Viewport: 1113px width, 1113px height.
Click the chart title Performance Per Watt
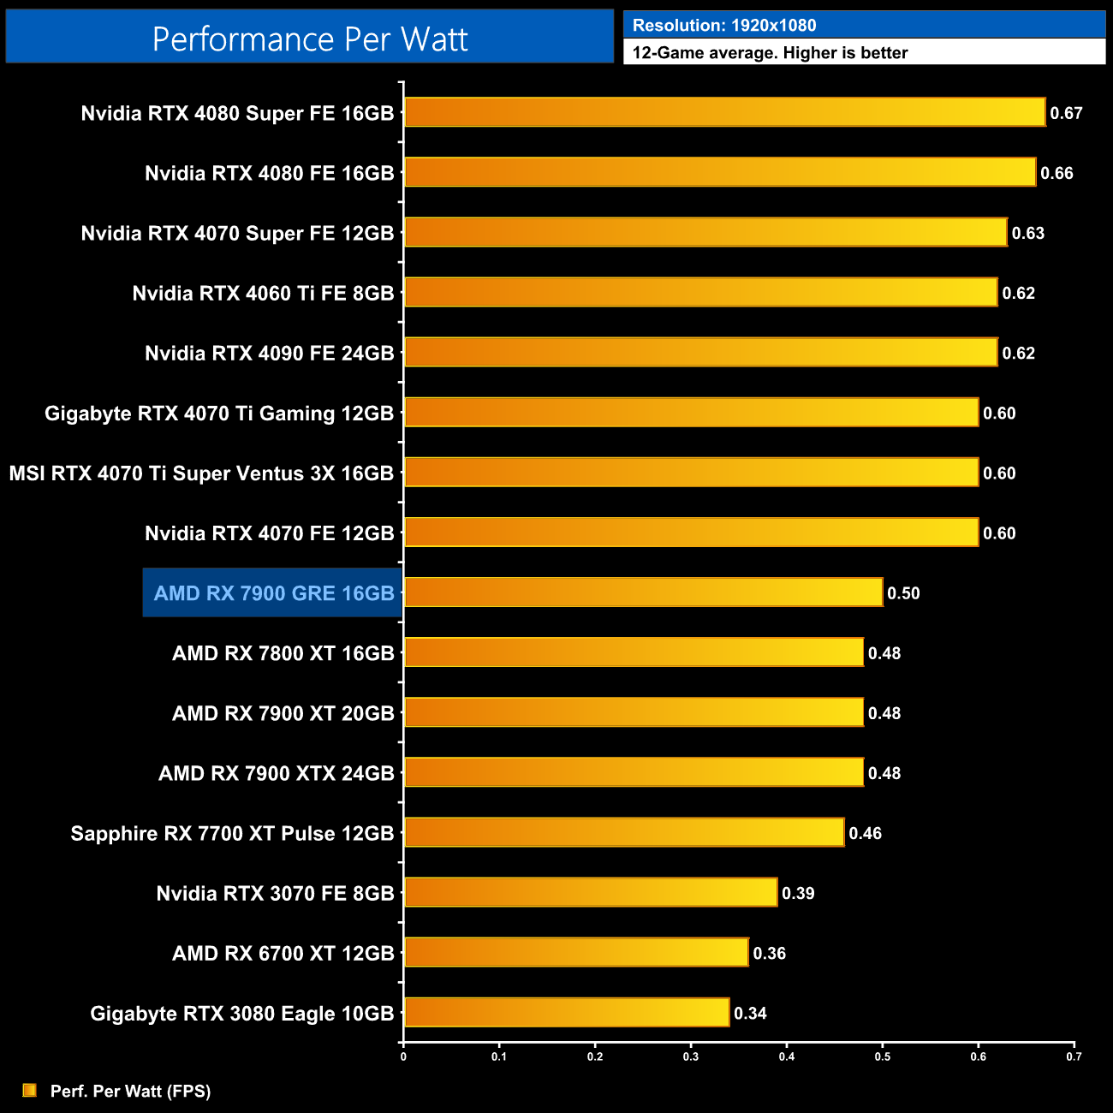[310, 39]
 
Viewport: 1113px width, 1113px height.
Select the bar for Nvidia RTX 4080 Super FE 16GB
[724, 112]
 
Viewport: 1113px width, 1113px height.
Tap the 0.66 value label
[1056, 173]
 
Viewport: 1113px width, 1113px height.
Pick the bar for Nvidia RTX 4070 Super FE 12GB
[705, 232]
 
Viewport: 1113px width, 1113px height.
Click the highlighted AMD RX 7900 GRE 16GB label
[273, 592]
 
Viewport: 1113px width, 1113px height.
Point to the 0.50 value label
[903, 593]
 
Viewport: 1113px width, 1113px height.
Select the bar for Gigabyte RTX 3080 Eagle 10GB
[566, 1012]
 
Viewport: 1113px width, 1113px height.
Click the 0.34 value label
[750, 1014]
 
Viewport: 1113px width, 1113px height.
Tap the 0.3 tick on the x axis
[691, 1056]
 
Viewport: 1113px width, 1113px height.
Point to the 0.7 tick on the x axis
[1074, 1056]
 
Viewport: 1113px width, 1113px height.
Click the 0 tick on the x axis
[403, 1056]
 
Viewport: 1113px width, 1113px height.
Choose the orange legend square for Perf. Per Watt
[30, 1090]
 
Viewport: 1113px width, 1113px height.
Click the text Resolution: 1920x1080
[724, 26]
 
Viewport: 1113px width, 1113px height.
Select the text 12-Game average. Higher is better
[770, 53]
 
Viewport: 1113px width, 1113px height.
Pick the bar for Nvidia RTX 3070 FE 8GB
[591, 892]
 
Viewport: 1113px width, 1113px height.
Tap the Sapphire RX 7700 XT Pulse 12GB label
[232, 833]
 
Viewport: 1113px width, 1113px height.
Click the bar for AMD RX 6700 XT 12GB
[576, 952]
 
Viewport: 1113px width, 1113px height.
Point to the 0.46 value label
[865, 833]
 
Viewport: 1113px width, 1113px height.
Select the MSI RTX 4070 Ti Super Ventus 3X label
[201, 473]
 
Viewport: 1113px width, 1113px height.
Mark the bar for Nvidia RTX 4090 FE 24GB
[700, 352]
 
